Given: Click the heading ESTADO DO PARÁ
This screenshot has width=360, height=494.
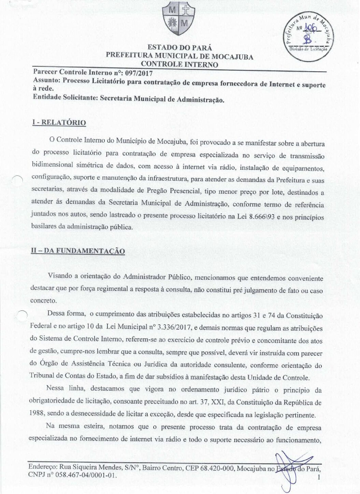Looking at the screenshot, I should [x=179, y=47].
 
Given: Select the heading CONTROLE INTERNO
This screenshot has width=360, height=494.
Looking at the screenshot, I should [x=179, y=64].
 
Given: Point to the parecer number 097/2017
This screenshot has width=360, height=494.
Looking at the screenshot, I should [x=139, y=72].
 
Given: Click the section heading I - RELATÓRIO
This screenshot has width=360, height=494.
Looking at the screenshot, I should [x=59, y=122].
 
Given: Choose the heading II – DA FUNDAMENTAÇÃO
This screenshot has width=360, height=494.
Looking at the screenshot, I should [x=78, y=251].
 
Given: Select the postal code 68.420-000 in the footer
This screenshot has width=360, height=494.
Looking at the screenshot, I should [x=215, y=468].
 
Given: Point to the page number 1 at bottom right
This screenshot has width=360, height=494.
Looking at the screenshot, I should [x=319, y=478].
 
